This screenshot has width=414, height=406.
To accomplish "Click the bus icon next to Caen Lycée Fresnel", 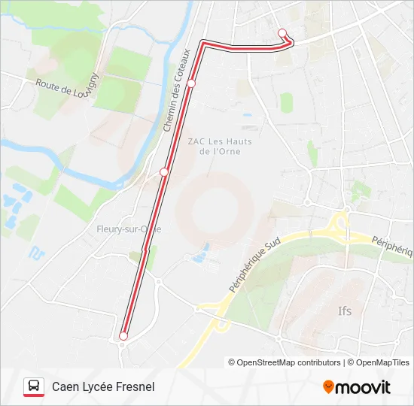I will [33, 386].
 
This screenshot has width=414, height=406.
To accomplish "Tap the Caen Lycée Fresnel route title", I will [103, 386].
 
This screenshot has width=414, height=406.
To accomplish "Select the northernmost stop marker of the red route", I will [283, 32].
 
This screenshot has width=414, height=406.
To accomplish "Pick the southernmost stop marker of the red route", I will [123, 336].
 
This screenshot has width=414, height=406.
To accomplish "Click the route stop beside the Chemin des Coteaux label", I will [192, 83].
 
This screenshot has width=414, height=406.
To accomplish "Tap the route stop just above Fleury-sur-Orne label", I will [164, 172].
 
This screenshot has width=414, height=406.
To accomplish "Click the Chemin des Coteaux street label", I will [178, 90].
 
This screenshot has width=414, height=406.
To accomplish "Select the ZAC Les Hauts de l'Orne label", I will [219, 146].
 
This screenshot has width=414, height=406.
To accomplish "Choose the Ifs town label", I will [345, 310].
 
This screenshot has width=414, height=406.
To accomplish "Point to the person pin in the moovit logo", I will [328, 387].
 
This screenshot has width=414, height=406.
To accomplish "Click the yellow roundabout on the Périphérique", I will [338, 224].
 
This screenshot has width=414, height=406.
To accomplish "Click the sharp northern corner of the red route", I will [204, 43].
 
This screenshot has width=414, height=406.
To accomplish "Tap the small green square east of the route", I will [286, 101].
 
